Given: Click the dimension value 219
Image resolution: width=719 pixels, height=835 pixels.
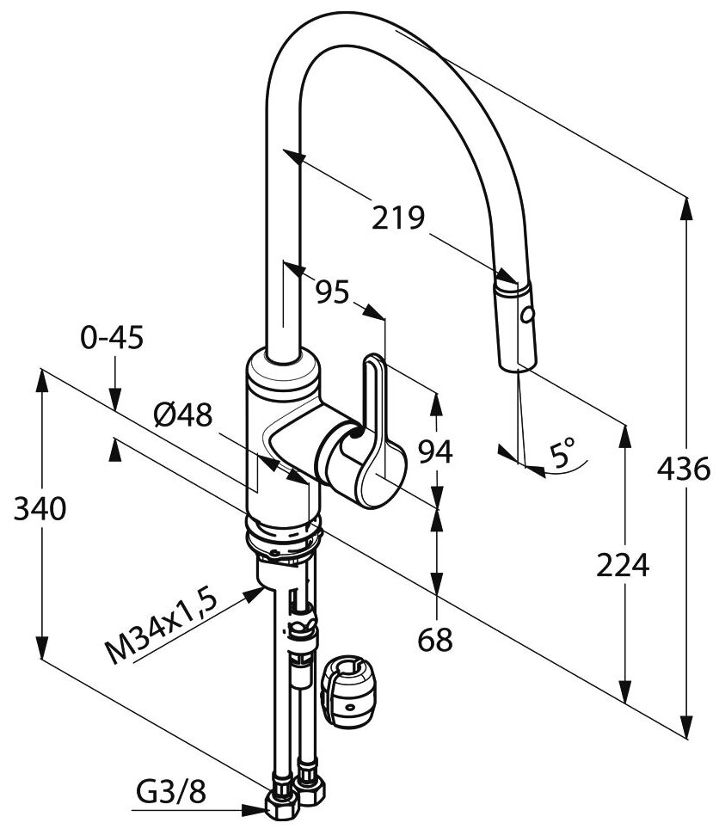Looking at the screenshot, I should (x=398, y=218).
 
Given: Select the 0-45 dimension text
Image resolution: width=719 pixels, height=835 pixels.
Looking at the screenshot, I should (x=114, y=336).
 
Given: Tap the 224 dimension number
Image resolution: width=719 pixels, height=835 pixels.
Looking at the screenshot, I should (x=622, y=564).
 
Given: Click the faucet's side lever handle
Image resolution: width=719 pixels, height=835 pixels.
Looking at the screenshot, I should (x=375, y=430).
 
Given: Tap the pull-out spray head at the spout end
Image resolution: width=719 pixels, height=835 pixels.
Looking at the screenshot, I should (x=515, y=324).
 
